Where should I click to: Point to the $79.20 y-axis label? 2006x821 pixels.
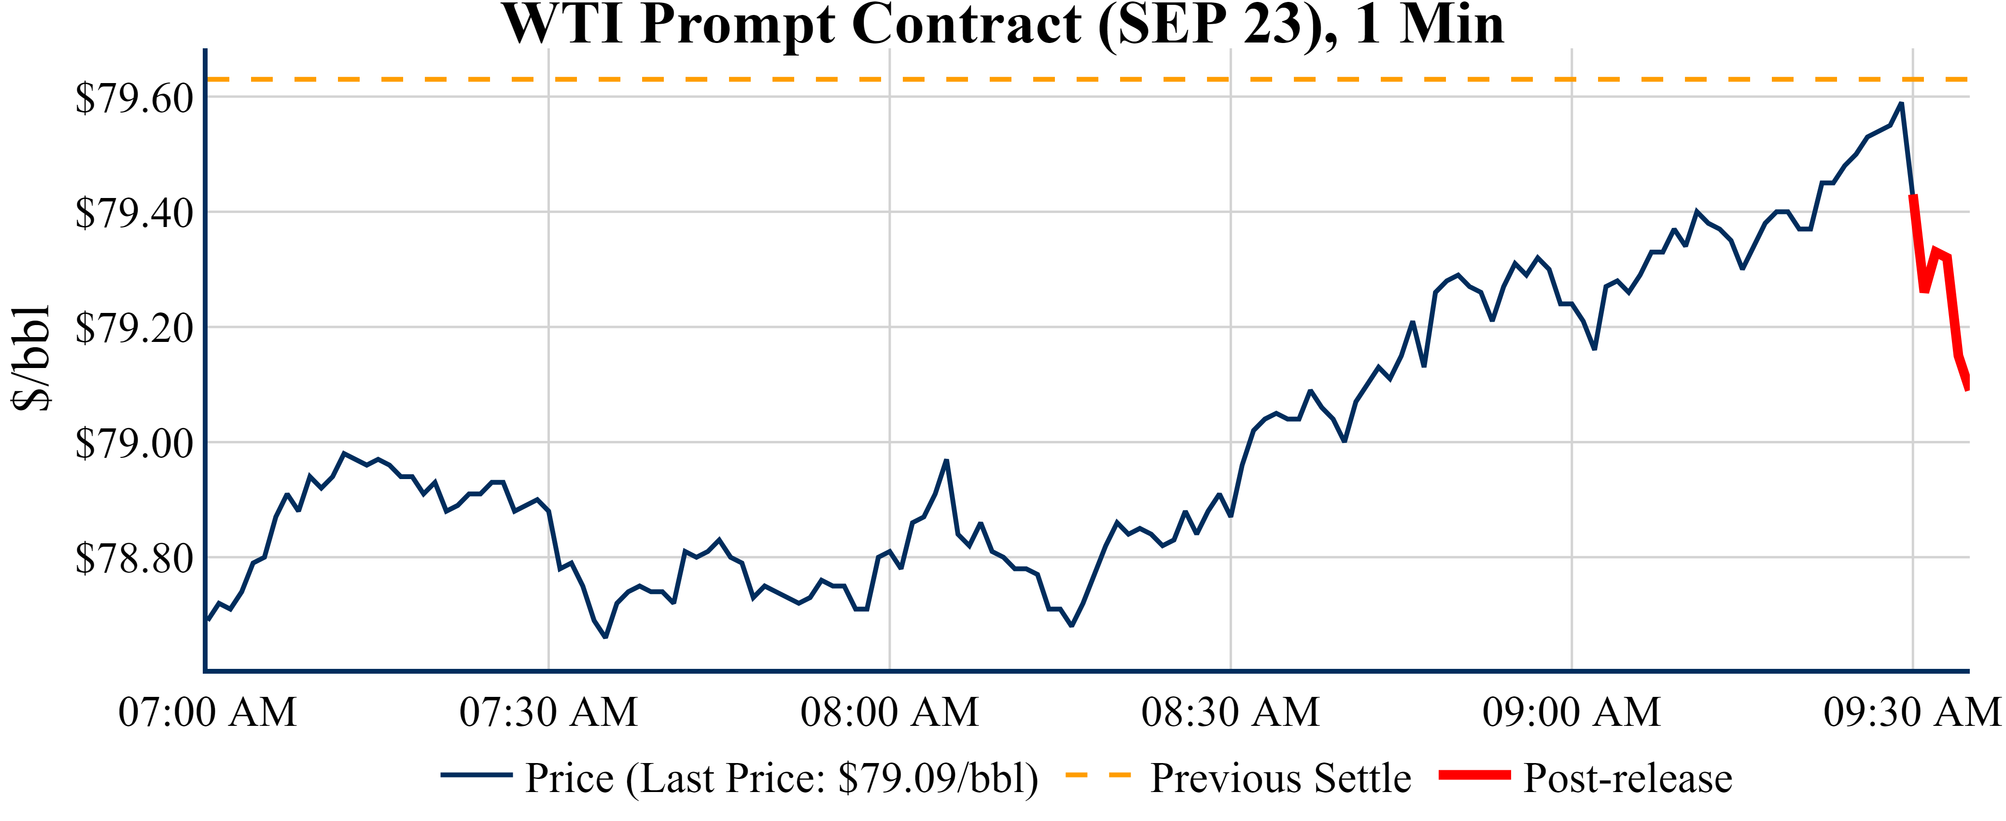(134, 328)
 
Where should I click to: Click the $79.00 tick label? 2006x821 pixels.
(134, 443)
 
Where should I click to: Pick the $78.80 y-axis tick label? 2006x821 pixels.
(134, 558)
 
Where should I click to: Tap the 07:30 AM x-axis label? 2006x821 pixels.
(548, 712)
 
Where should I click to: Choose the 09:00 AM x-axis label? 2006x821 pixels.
(1571, 712)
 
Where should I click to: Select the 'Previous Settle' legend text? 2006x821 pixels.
(1280, 778)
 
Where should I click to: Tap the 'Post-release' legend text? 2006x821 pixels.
(1627, 778)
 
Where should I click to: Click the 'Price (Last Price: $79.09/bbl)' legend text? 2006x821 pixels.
(782, 778)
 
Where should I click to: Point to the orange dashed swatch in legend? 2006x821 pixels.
(1097, 775)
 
